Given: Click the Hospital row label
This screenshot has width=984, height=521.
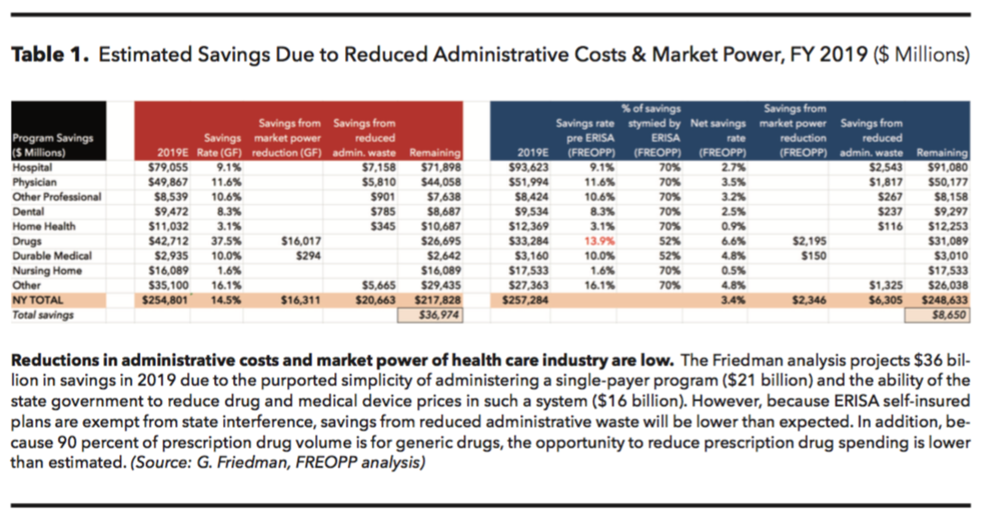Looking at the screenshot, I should click(x=32, y=168).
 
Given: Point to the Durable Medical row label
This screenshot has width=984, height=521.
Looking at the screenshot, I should click(x=52, y=256).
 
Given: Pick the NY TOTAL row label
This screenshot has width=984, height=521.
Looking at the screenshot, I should click(x=39, y=299).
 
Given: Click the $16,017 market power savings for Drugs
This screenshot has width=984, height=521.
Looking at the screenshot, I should click(x=293, y=241).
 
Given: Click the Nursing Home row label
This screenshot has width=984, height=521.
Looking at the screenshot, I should click(x=45, y=270).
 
